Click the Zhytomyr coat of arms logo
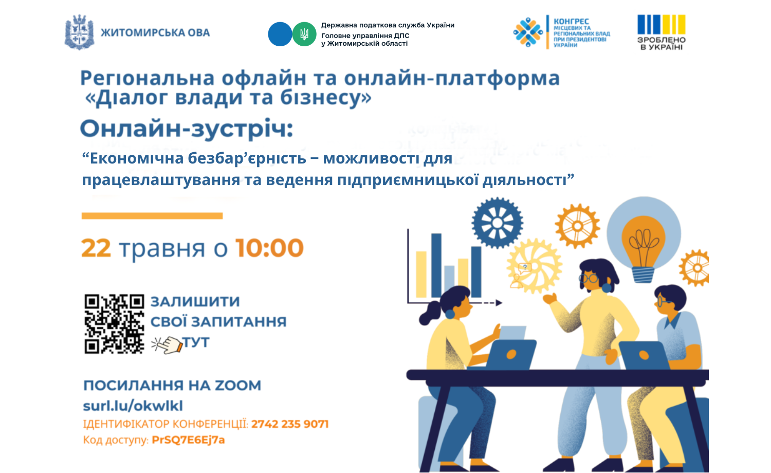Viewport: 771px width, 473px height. click(80, 32)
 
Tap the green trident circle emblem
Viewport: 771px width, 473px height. click(304, 34)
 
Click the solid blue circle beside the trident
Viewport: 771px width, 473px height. click(280, 34)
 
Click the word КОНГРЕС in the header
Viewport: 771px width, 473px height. click(572, 22)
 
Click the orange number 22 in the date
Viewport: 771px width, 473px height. click(96, 248)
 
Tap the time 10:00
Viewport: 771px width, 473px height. click(269, 248)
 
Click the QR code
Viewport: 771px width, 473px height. click(114, 324)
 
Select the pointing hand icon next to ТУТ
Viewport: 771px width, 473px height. click(167, 344)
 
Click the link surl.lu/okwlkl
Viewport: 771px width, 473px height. click(133, 406)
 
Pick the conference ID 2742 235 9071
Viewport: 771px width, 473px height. click(290, 424)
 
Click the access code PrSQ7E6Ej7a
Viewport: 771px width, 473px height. click(188, 440)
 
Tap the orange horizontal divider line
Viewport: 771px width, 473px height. click(152, 216)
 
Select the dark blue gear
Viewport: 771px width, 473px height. click(498, 223)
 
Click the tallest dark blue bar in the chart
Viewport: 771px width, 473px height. click(436, 265)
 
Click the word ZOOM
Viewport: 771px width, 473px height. click(238, 386)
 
